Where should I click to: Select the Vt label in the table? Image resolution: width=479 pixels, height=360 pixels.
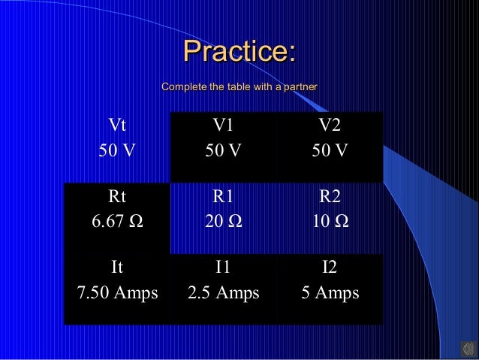coord(117,125)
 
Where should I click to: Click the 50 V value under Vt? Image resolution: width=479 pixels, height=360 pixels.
coord(117,150)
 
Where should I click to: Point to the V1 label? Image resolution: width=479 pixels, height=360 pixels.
coord(223,125)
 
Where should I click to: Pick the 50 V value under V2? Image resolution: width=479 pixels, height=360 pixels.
coord(330,150)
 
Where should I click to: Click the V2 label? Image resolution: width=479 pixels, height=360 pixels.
coord(330,125)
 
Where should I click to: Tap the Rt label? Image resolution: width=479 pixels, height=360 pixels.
coord(117,197)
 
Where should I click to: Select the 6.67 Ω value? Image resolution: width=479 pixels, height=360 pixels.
coord(117,222)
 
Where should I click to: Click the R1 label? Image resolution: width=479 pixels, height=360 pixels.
coord(223,197)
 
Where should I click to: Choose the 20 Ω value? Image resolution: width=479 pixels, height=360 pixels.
coord(223,222)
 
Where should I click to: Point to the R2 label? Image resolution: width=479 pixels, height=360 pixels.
coord(330,197)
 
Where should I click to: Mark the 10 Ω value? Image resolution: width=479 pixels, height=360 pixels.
coord(330,222)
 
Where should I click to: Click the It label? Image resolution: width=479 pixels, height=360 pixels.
coord(117,267)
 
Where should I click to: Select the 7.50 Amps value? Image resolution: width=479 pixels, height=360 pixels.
coord(117,292)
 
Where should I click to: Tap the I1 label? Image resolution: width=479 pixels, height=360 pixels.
coord(223,267)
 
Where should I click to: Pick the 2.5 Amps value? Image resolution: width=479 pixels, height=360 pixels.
coord(223,292)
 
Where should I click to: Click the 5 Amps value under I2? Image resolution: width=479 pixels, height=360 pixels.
coord(330,292)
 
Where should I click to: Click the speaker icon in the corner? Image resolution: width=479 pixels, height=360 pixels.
coord(466,348)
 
